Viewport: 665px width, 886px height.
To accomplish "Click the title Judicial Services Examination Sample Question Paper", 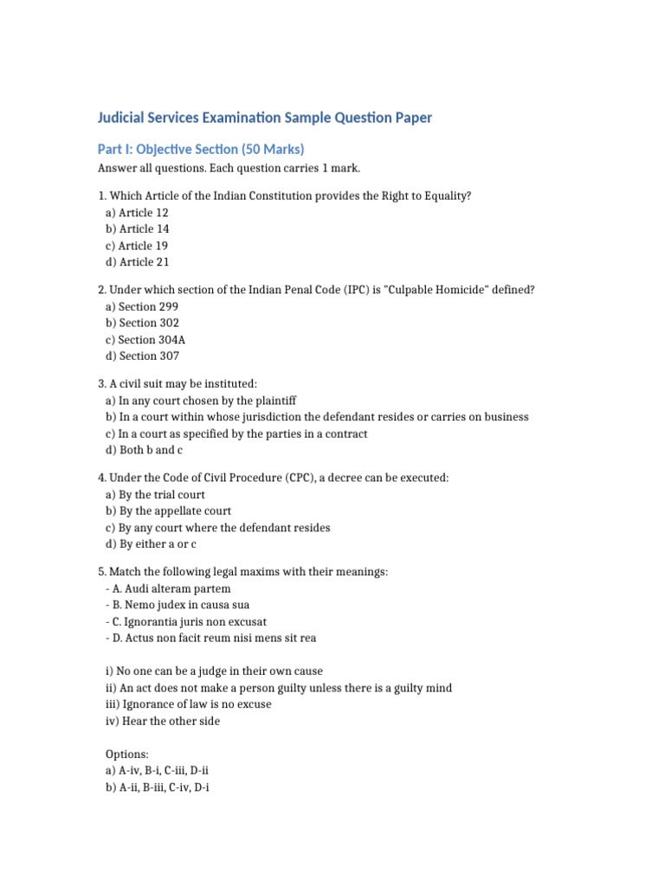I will (x=264, y=118).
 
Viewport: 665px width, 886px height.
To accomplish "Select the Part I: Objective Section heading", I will (x=200, y=149).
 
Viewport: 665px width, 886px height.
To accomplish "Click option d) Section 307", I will (x=143, y=356).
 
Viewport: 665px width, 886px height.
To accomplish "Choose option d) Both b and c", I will (x=144, y=450).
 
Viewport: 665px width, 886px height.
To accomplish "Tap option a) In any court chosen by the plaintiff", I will (x=201, y=401).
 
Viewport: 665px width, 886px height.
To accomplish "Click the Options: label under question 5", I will (x=126, y=754).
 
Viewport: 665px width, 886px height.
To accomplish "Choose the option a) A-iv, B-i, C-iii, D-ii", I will (x=165, y=771).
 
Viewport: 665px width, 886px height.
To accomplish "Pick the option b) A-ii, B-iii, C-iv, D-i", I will (x=165, y=787).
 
